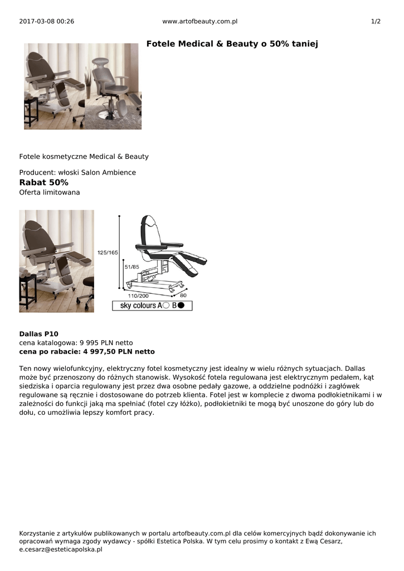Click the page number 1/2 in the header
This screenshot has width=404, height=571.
[376, 21]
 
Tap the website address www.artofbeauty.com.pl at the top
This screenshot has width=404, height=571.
[200, 21]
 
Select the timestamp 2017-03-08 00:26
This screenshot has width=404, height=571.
[47, 21]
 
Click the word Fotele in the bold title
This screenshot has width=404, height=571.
[160, 43]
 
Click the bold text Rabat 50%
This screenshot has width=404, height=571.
[44, 182]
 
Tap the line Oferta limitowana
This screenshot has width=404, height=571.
[50, 192]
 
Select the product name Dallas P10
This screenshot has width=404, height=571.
[38, 334]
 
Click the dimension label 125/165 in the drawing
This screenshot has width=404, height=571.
[108, 253]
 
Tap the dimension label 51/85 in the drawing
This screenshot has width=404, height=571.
[132, 267]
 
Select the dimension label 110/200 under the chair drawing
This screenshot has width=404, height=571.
[138, 296]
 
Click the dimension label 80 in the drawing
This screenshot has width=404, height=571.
[183, 296]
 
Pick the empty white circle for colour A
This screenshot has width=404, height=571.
[166, 306]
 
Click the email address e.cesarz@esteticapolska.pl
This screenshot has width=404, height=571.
[61, 549]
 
